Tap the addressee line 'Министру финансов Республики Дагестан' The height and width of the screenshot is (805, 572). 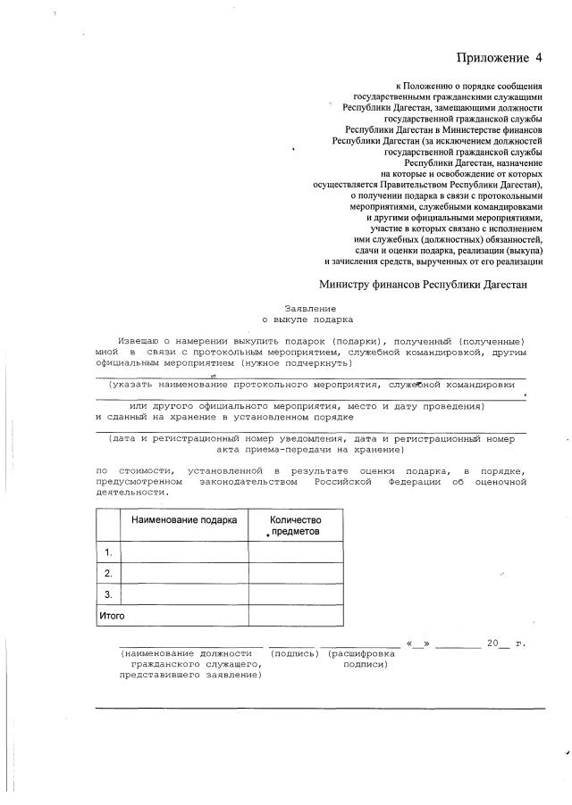(424, 285)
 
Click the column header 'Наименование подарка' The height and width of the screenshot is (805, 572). (184, 519)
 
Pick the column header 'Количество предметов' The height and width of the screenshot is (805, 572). (295, 525)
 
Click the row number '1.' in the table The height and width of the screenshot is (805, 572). (108, 552)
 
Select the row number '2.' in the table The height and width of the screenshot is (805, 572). (108, 573)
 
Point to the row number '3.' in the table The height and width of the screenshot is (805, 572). (108, 594)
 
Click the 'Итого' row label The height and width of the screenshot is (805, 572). (111, 616)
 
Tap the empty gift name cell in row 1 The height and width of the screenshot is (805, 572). (184, 552)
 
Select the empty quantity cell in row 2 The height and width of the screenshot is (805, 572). (295, 573)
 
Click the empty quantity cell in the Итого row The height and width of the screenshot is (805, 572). (295, 616)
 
